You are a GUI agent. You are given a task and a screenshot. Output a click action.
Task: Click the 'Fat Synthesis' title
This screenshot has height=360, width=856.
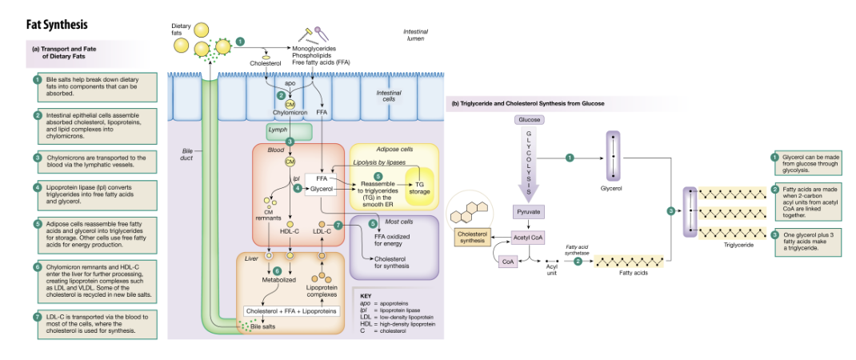coord(55,26)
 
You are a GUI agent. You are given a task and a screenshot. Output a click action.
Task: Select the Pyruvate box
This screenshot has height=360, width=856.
coord(528,212)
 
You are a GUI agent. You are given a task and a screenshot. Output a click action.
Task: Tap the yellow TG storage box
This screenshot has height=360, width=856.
coord(419,188)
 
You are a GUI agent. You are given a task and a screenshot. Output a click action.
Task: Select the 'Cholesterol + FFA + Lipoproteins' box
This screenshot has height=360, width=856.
coord(292,310)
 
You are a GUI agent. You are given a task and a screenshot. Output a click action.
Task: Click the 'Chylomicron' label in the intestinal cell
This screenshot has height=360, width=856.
coord(290,114)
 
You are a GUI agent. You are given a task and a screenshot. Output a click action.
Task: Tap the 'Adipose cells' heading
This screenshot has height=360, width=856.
coord(394,150)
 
